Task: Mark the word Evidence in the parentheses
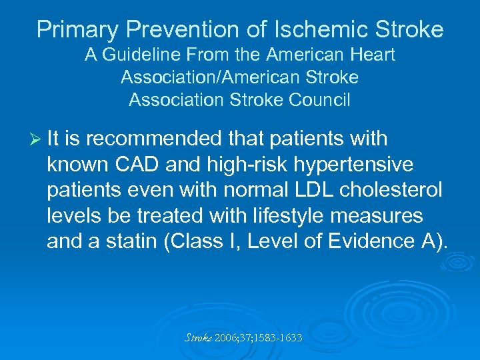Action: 387,241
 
